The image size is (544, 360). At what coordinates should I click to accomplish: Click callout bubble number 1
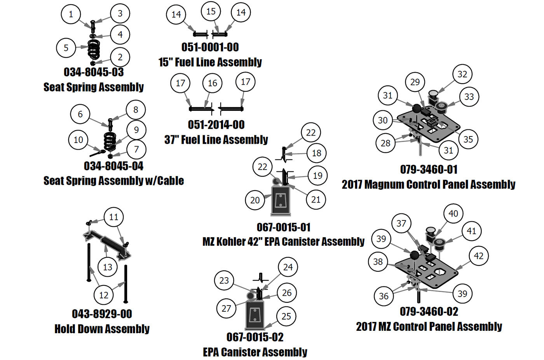[71, 14]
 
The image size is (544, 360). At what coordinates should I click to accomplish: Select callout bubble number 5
[66, 48]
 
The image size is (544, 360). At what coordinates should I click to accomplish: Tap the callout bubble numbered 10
[78, 140]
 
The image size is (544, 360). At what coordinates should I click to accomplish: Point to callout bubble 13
[108, 267]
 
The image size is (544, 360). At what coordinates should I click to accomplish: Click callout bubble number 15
[211, 12]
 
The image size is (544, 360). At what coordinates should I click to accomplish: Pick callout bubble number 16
[213, 83]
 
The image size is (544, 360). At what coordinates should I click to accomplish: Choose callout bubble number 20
[255, 200]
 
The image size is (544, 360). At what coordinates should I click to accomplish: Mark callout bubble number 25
[286, 316]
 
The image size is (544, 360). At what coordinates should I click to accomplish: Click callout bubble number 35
[468, 139]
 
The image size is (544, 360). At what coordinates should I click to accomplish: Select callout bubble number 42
[479, 256]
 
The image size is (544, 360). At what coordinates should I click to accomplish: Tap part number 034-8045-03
[94, 72]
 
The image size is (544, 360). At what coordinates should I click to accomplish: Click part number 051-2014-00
[216, 125]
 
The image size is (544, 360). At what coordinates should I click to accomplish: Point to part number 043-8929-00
[102, 314]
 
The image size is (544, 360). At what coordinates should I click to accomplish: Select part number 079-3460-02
[429, 312]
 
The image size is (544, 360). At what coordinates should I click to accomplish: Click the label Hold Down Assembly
[102, 329]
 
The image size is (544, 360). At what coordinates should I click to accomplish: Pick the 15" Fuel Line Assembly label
[210, 62]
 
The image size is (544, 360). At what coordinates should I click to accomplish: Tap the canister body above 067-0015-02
[255, 316]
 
